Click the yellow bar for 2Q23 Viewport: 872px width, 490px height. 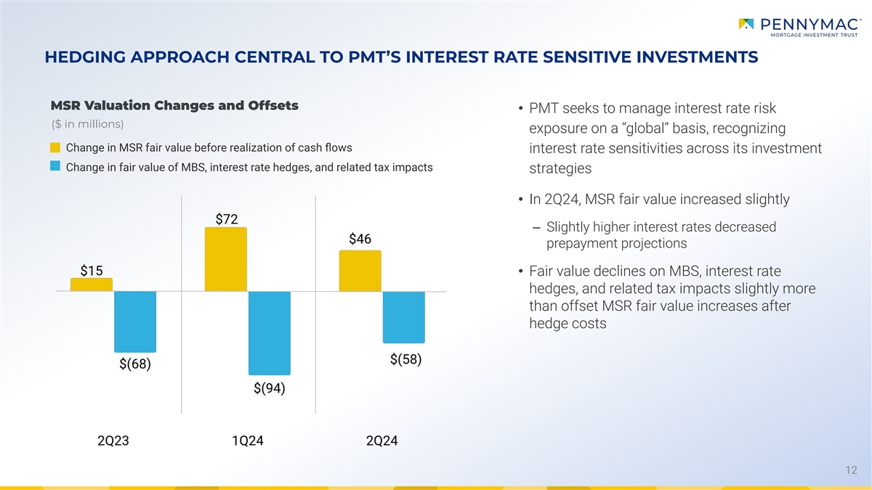click(x=92, y=285)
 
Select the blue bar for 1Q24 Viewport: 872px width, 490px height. click(x=270, y=332)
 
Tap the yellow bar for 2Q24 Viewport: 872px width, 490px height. click(x=360, y=271)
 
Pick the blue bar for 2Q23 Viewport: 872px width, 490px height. click(x=135, y=321)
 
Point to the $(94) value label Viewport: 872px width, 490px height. click(x=270, y=388)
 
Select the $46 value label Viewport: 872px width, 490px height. click(x=360, y=239)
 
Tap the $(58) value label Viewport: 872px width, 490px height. click(x=405, y=359)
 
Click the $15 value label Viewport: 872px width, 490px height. click(x=91, y=271)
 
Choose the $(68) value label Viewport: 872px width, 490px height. click(x=135, y=364)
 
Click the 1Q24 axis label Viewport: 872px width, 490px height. click(x=248, y=441)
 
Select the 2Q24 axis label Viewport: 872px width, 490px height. click(x=382, y=441)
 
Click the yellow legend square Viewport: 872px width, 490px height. click(x=55, y=149)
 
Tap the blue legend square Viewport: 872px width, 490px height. click(x=55, y=167)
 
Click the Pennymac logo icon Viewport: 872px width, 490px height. click(x=746, y=25)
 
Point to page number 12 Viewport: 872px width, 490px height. click(x=852, y=471)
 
